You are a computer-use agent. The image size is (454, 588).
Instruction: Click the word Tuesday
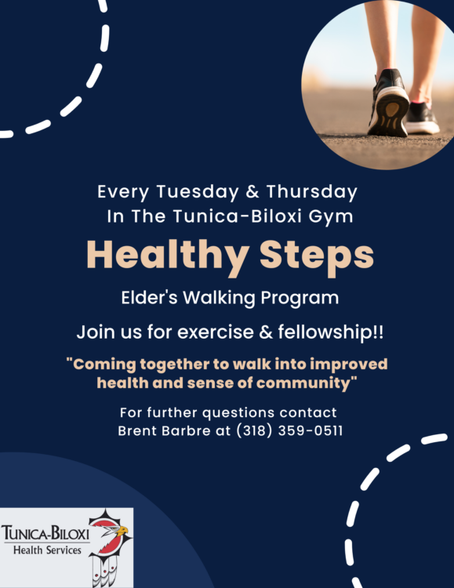198,192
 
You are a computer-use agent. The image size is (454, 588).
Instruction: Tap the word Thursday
312,192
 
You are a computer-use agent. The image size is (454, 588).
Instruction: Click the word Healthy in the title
168,256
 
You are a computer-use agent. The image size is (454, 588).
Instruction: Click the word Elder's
149,298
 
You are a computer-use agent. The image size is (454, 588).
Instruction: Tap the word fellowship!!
331,332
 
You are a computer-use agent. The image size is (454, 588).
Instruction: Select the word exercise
216,332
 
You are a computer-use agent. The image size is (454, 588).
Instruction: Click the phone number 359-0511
311,431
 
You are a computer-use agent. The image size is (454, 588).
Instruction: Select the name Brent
138,431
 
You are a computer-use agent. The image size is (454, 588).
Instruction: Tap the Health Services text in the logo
47,550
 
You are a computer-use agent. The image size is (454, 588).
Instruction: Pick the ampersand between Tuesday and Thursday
253,192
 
